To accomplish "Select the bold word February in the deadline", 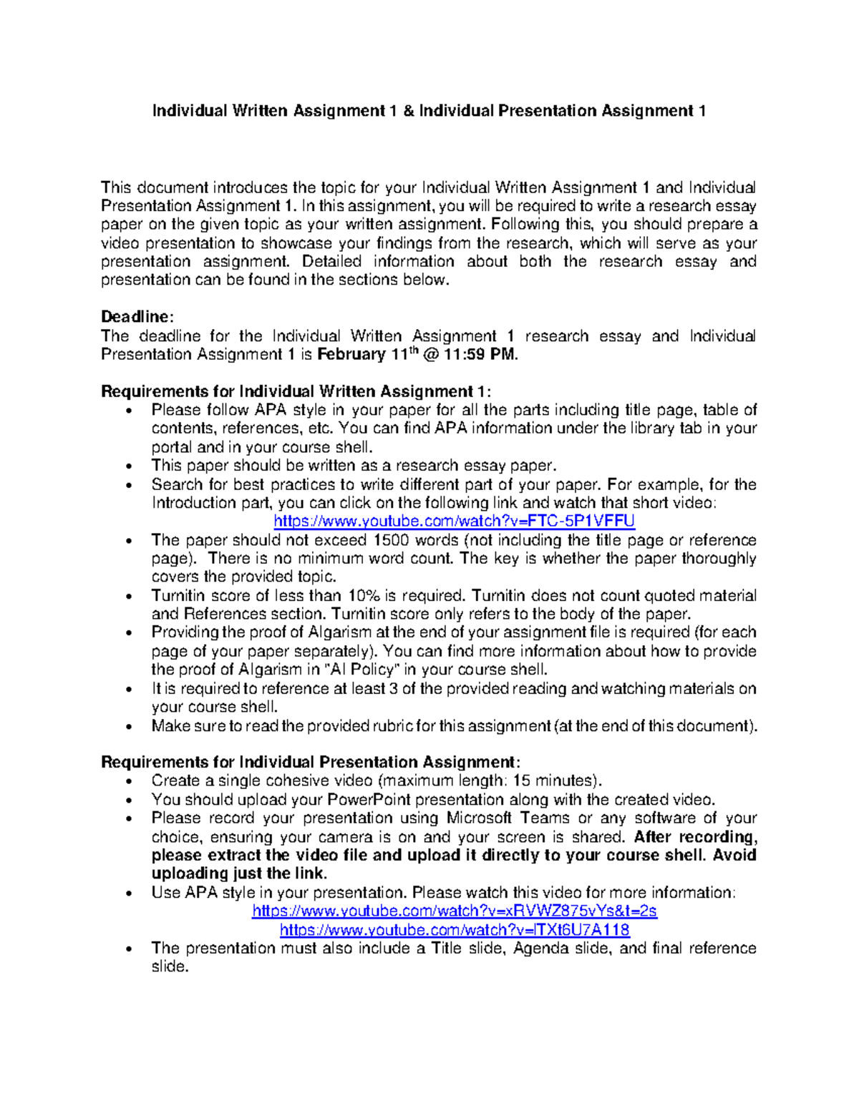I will click(351, 355).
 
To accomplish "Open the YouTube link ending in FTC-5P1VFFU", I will click(455, 522).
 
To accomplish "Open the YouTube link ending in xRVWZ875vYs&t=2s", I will click(455, 911).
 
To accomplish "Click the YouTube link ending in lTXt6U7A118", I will click(455, 930).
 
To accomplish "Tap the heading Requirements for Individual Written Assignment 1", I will click(296, 391).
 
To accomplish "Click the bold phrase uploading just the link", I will click(238, 873).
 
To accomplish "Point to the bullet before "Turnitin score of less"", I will click(129, 597).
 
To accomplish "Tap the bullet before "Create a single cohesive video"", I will click(129, 782).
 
